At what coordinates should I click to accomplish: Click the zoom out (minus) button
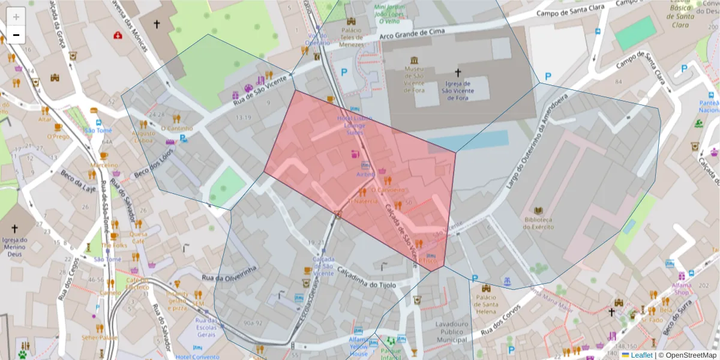click(16, 35)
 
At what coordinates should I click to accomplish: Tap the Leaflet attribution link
click(641, 355)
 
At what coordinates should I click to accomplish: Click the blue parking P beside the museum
click(344, 72)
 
